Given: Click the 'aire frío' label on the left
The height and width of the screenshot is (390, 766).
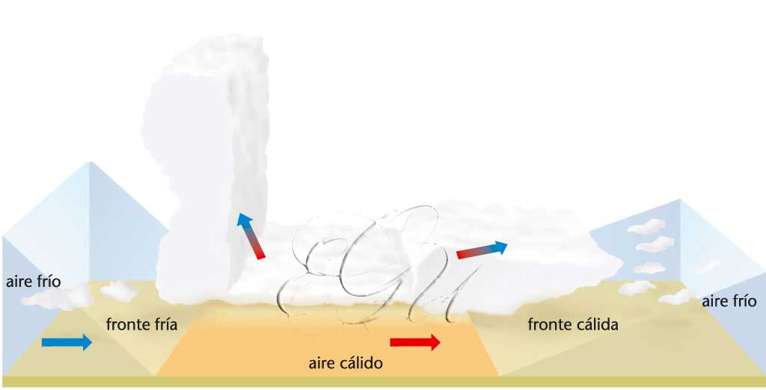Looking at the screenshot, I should pyautogui.click(x=33, y=282).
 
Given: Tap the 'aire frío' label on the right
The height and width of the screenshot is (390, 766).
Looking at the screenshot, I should pyautogui.click(x=729, y=301).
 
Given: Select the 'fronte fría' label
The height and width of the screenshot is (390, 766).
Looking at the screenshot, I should pyautogui.click(x=141, y=324).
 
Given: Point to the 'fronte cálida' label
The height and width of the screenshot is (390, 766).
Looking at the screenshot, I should pyautogui.click(x=573, y=324).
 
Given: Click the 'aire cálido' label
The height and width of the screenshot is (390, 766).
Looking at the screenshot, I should pyautogui.click(x=346, y=364).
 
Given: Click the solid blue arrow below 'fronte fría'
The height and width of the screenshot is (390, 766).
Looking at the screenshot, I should pyautogui.click(x=67, y=342).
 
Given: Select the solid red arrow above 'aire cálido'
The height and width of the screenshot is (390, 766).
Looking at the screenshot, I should pyautogui.click(x=415, y=342).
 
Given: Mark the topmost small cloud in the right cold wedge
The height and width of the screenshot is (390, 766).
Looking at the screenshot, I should pyautogui.click(x=646, y=226).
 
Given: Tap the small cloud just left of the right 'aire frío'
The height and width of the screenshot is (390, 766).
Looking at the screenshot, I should pyautogui.click(x=677, y=297).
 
